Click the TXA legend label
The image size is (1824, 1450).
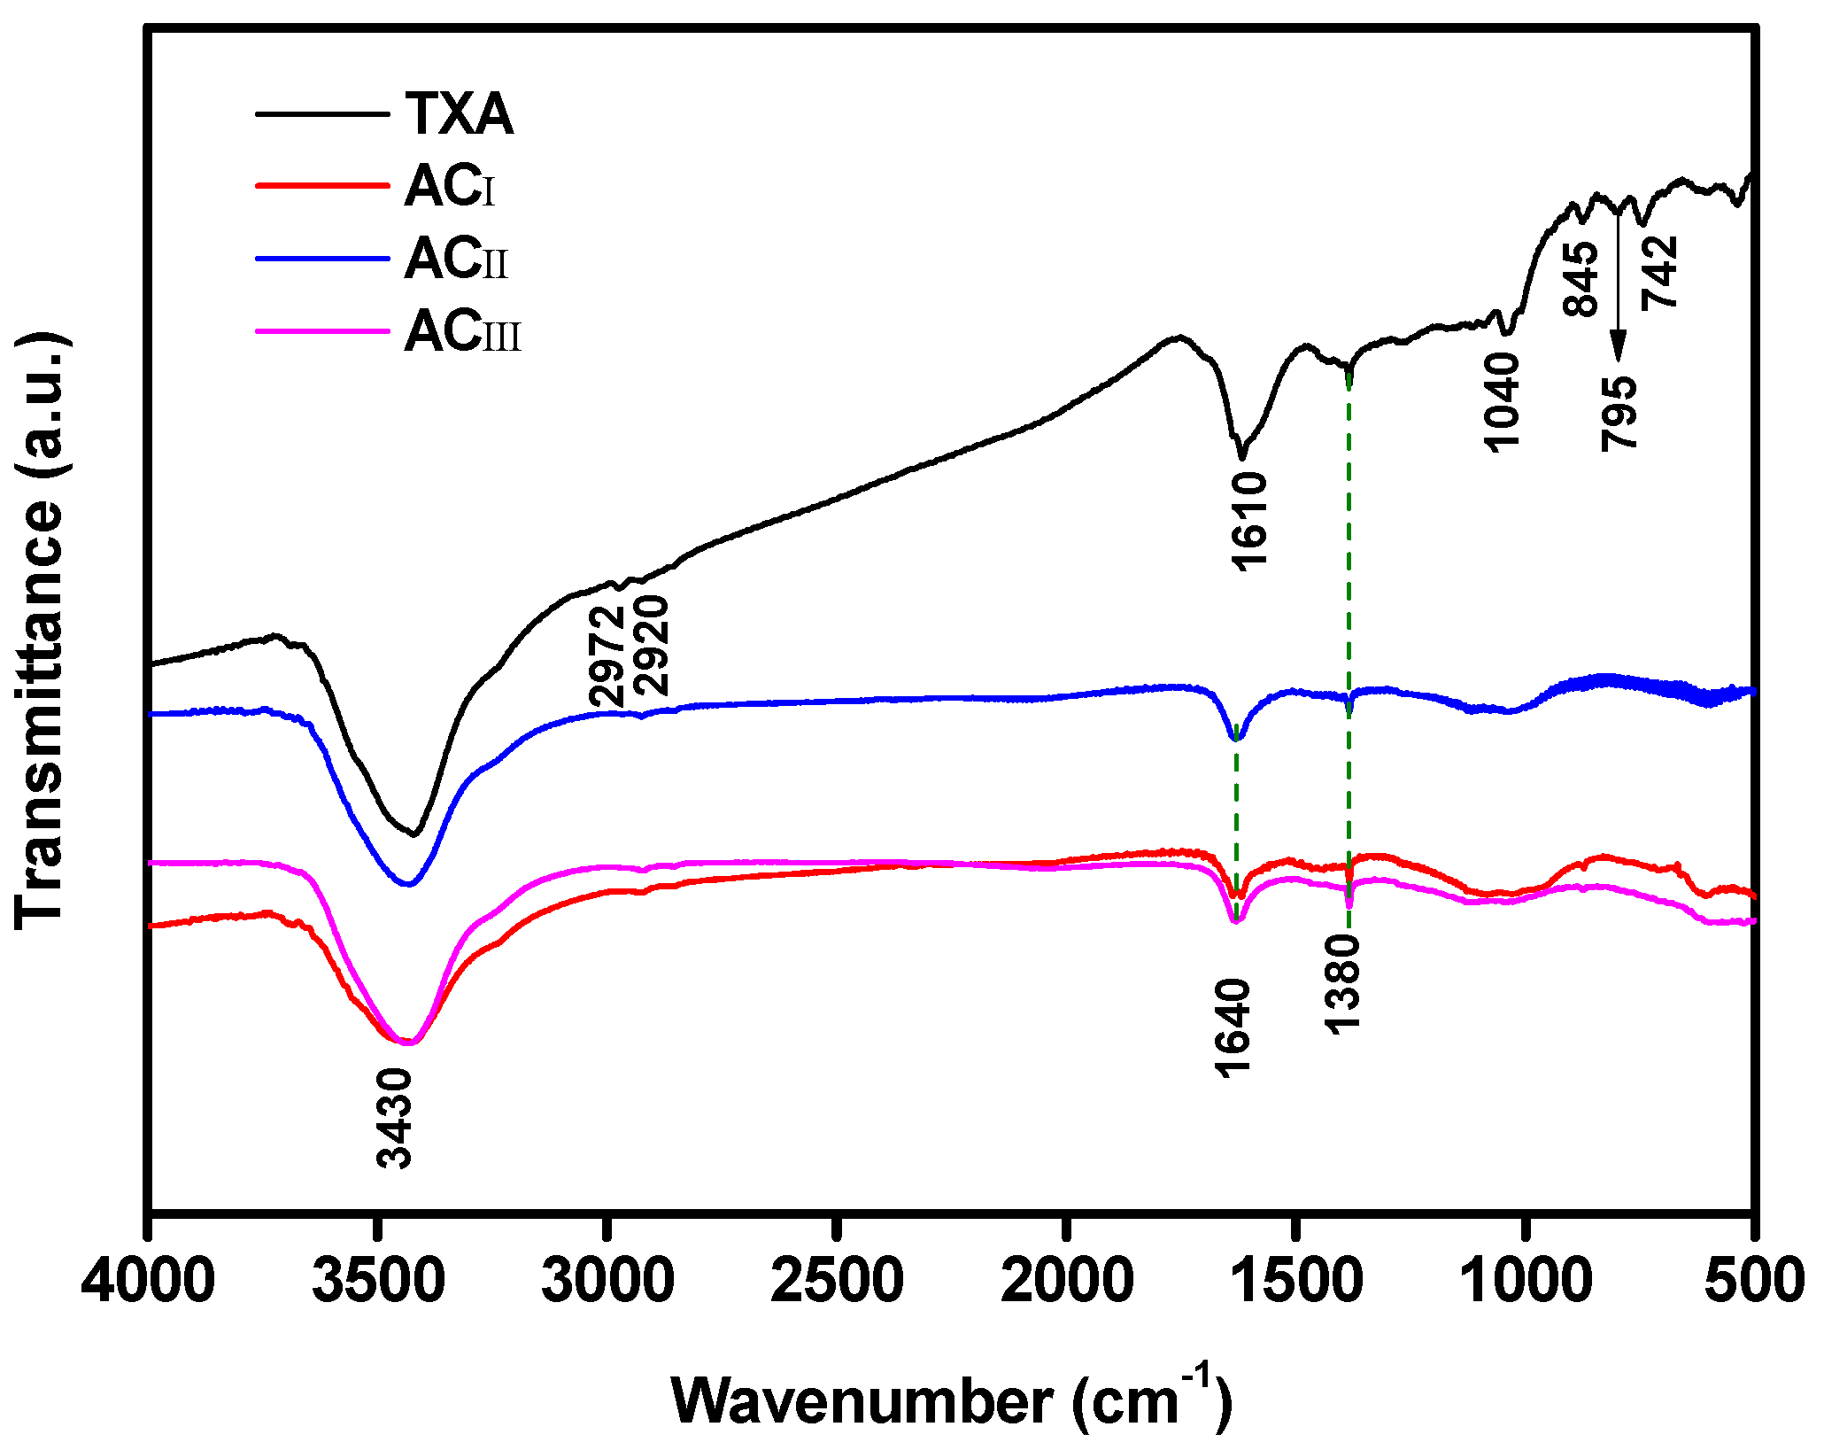(x=460, y=114)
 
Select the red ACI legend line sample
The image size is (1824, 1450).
(x=322, y=186)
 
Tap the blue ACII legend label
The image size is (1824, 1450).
(x=456, y=259)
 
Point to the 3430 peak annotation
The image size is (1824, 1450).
(x=394, y=1118)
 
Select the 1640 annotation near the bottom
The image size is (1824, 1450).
(x=1233, y=1027)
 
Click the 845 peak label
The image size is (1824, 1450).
(x=1581, y=278)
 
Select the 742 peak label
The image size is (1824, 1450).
(x=1659, y=272)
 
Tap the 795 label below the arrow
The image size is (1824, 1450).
(x=1619, y=413)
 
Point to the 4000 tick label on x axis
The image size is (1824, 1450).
(x=147, y=1282)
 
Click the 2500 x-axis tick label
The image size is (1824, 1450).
(x=837, y=1282)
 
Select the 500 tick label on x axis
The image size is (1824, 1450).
(x=1754, y=1282)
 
